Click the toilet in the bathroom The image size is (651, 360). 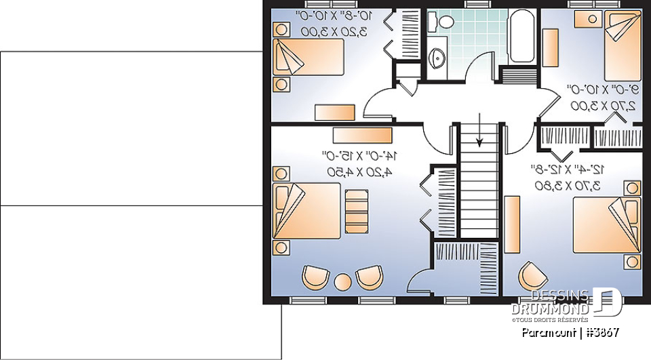[446, 21]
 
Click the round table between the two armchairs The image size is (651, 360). [342, 280]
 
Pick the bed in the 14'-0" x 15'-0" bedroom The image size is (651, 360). [307, 211]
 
